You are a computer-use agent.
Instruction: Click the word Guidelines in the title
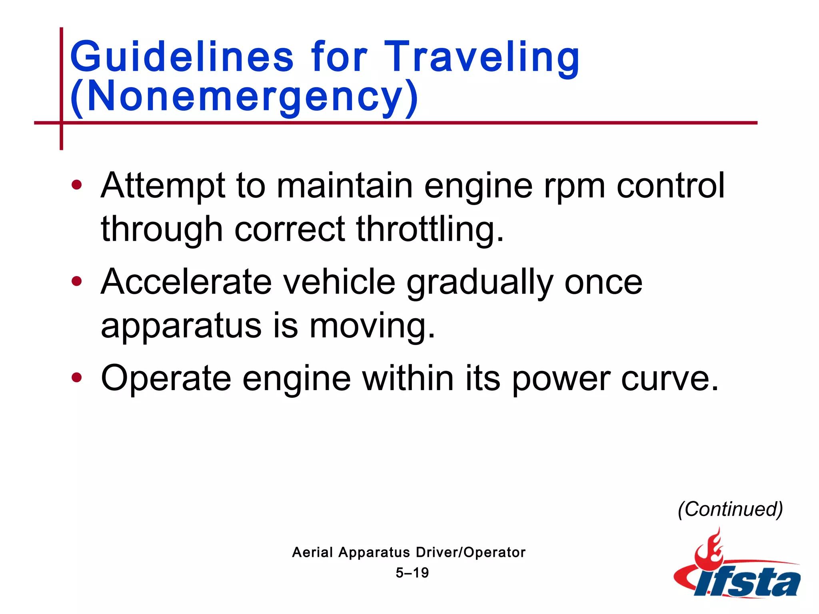pos(182,57)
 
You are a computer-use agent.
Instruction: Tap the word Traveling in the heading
pos(481,57)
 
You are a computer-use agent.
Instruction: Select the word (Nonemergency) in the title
pos(244,96)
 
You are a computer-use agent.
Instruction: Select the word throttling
pos(430,229)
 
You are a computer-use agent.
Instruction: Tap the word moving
pos(372,326)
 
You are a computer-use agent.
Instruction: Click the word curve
pos(670,379)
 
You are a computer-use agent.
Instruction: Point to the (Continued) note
pos(730,509)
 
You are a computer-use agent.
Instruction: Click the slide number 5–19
pos(412,573)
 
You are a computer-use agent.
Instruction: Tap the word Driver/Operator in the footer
pos(470,552)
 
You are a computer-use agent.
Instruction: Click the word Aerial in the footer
pos(312,552)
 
